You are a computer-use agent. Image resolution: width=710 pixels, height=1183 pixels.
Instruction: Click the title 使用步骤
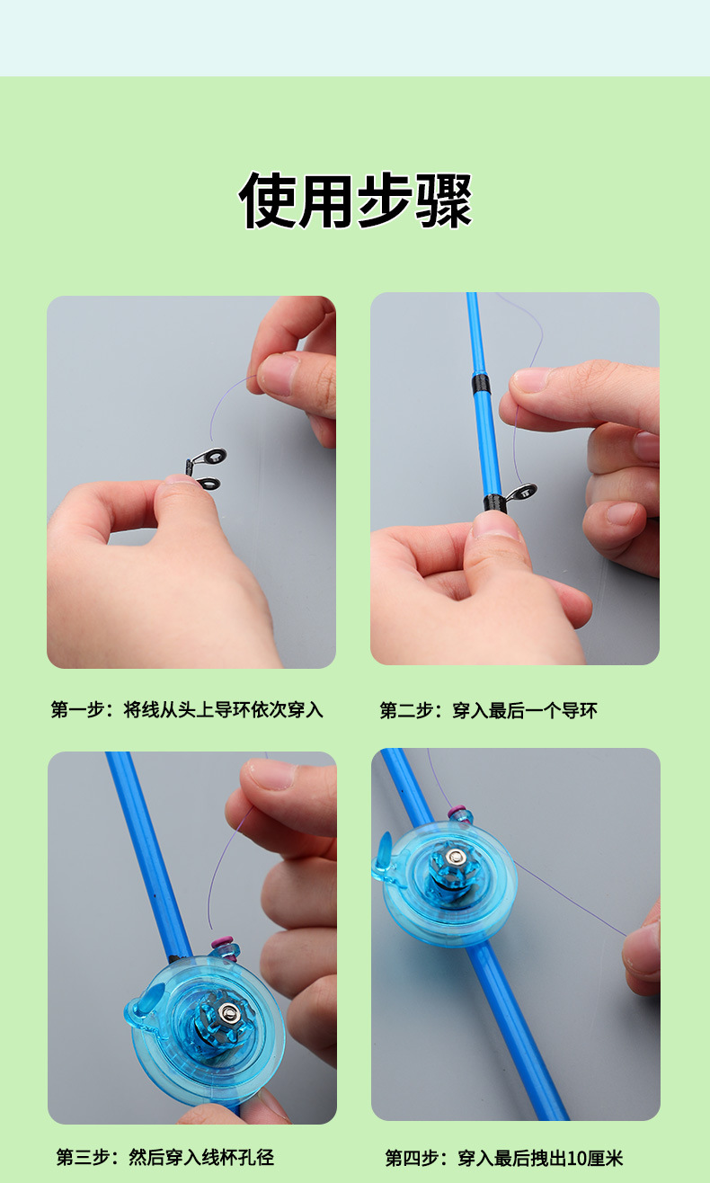coord(355,200)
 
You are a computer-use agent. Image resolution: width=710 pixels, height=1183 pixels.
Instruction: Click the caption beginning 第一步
coord(187,710)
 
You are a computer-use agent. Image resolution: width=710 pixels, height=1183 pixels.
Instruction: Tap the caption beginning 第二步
coord(488,710)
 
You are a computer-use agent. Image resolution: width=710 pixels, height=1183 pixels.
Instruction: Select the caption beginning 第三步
coord(165,1157)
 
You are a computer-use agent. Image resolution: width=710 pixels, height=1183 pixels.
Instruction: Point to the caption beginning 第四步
coord(503,1158)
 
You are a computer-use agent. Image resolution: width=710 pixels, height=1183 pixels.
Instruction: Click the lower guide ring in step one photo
coord(209,484)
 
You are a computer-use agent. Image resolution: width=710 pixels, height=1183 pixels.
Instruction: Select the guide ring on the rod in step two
coord(521,494)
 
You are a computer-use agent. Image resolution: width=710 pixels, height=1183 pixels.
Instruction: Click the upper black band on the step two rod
coord(480,384)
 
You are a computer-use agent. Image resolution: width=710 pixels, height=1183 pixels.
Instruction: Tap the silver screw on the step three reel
coord(228,1011)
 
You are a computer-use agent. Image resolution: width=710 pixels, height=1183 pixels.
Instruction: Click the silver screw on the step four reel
coord(454,855)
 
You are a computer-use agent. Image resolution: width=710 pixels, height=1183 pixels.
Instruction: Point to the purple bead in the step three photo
coord(222,943)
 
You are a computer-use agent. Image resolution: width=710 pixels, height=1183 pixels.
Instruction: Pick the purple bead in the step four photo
coord(457,810)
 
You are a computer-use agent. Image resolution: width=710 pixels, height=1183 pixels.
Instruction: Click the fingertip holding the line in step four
coord(640,953)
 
